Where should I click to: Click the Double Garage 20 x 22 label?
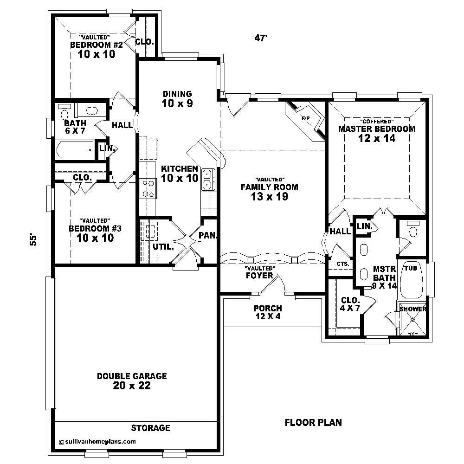[132, 381]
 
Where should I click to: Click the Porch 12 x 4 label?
[268, 312]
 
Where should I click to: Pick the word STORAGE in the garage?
[150, 428]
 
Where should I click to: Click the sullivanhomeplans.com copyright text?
[97, 442]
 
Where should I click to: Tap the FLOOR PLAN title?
[313, 422]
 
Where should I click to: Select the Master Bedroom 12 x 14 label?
[376, 133]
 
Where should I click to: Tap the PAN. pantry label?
[207, 235]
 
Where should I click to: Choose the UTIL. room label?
[163, 247]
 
